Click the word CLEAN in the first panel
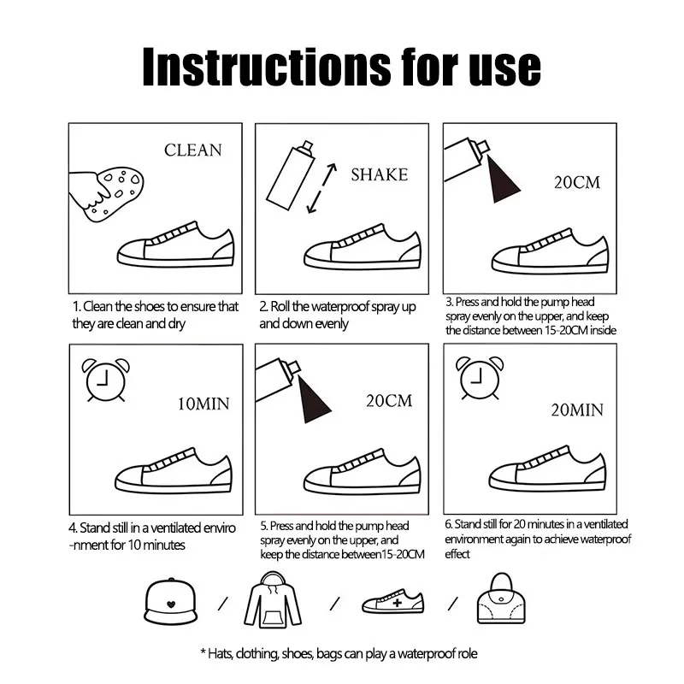coord(193,150)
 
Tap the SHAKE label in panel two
coord(379,175)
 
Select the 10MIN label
coord(203,404)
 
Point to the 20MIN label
coord(576,410)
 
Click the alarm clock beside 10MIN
coord(105,380)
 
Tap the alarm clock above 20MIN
coord(480,378)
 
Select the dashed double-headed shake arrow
coord(321,188)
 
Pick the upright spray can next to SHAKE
coord(290,175)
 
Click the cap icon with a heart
coord(170,602)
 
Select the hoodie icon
coord(273,600)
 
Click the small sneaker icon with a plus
coord(393,602)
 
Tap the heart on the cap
coord(171,604)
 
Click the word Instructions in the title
coord(267,67)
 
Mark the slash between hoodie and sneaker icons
coord(334,604)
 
